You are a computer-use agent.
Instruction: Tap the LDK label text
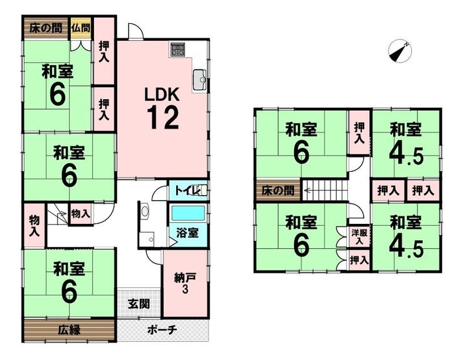pyautogui.click(x=162, y=95)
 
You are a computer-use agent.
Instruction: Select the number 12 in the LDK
pyautogui.click(x=164, y=118)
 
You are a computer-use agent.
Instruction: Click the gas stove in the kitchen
pyautogui.click(x=177, y=49)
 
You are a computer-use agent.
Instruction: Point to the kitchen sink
pyautogui.click(x=201, y=80)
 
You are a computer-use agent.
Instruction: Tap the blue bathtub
pyautogui.click(x=188, y=213)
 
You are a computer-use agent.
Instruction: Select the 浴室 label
pyautogui.click(x=187, y=233)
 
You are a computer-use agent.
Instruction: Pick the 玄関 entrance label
pyautogui.click(x=139, y=304)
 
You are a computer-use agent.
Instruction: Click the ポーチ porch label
pyautogui.click(x=162, y=329)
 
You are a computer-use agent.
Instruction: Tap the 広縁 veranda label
pyautogui.click(x=69, y=330)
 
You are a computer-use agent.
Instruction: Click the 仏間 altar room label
pyautogui.click(x=80, y=28)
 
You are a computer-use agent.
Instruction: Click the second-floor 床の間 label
pyautogui.click(x=278, y=191)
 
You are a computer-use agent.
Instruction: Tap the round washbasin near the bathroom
pyautogui.click(x=145, y=211)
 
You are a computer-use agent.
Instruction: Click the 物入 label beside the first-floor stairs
pyautogui.click(x=80, y=213)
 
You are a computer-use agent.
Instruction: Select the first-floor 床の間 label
pyautogui.click(x=46, y=28)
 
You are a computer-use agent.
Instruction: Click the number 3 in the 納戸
pyautogui.click(x=185, y=290)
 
